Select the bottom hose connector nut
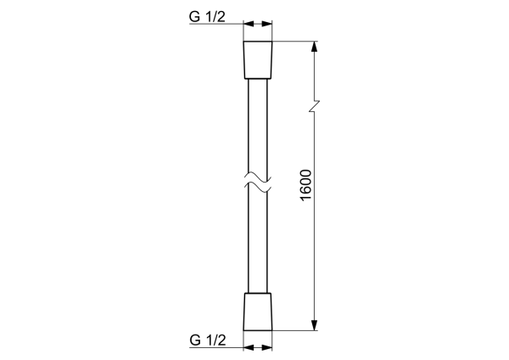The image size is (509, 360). coord(258,311)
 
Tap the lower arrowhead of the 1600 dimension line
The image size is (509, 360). coord(314,323)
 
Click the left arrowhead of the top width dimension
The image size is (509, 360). coord(248,25)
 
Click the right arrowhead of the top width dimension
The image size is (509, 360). coord(268,25)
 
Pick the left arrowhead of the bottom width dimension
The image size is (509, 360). coord(248,346)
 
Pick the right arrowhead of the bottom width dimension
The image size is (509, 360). coord(268,346)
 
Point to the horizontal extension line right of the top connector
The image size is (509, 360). coord(297,41)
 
